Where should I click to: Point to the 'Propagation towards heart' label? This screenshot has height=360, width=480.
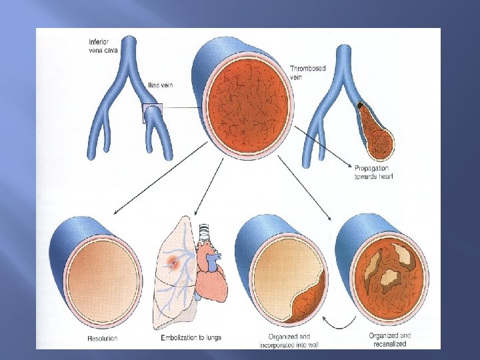(x=371, y=171)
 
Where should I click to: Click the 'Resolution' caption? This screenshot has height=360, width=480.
(x=102, y=339)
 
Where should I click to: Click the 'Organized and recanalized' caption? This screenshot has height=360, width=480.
(x=390, y=339)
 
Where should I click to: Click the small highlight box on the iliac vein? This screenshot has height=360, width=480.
(x=152, y=113)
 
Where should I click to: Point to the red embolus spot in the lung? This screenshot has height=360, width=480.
(x=175, y=263)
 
